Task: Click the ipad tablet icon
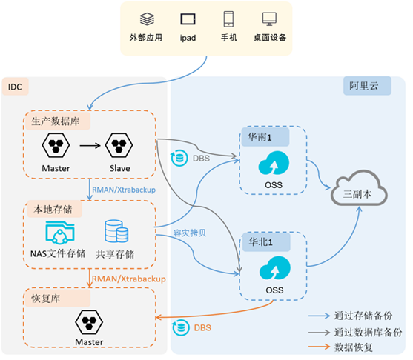click(x=188, y=19)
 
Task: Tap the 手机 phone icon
click(x=228, y=19)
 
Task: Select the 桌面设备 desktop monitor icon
click(x=269, y=19)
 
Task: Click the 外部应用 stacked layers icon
click(x=147, y=19)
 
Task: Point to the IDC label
click(x=15, y=87)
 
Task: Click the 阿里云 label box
click(x=367, y=86)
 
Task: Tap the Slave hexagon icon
click(x=119, y=145)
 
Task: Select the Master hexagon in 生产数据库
click(x=56, y=145)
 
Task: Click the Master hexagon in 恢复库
click(x=89, y=322)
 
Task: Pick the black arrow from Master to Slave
click(x=90, y=145)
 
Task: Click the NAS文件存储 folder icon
click(x=60, y=233)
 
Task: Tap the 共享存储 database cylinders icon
click(x=116, y=231)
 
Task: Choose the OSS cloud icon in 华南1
click(x=274, y=163)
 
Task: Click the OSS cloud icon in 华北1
click(x=275, y=268)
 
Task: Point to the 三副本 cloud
click(x=359, y=188)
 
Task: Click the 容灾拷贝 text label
click(x=190, y=233)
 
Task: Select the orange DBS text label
click(x=202, y=328)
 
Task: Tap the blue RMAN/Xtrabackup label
click(x=124, y=190)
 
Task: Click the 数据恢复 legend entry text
click(x=354, y=347)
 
